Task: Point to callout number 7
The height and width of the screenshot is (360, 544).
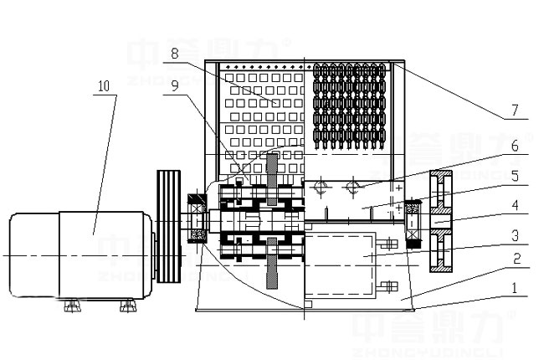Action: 515,110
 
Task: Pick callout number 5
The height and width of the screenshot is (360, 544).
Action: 515,177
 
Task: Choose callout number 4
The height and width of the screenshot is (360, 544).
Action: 515,203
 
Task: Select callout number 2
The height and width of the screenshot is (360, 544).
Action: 515,260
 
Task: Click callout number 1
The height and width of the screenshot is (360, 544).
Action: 515,287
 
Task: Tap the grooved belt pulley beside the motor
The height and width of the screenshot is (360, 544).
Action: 170,227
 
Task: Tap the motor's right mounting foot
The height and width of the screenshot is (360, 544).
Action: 127,303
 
